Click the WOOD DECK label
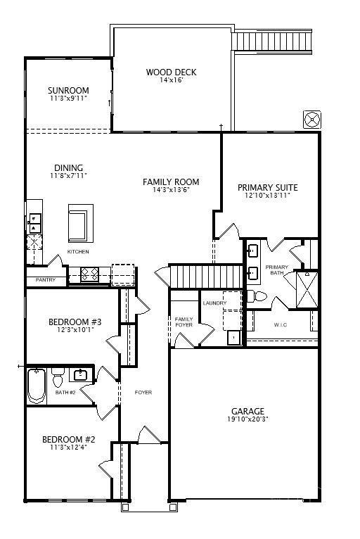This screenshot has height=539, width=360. pos(171,72)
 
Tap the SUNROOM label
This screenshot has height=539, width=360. pos(68,90)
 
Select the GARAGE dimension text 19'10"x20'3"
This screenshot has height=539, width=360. pos(247,419)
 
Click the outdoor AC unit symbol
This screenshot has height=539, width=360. pos(312,120)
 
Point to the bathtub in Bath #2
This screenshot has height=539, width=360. pos(37,386)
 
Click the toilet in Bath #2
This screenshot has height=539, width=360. pos(58,377)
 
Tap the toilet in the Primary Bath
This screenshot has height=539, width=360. pos(257,296)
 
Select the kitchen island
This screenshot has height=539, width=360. pos(81,223)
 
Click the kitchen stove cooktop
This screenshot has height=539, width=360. pos(90,275)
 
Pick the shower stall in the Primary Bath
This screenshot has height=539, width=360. pos(307,290)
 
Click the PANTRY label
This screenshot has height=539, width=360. pos(45,280)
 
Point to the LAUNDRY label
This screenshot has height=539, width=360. pos(214,303)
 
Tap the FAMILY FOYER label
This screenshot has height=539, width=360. pos(184,322)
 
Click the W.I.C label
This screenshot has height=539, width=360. pos(281,324)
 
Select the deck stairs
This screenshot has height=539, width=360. pos(272,42)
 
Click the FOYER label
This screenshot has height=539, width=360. pos(143,392)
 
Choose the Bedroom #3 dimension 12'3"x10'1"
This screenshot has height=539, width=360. pos(75,329)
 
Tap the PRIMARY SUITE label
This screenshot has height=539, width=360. pos(268,188)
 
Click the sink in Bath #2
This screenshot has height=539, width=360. pos(81,374)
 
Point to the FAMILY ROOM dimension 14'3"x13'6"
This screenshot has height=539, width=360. pos(171,189)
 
